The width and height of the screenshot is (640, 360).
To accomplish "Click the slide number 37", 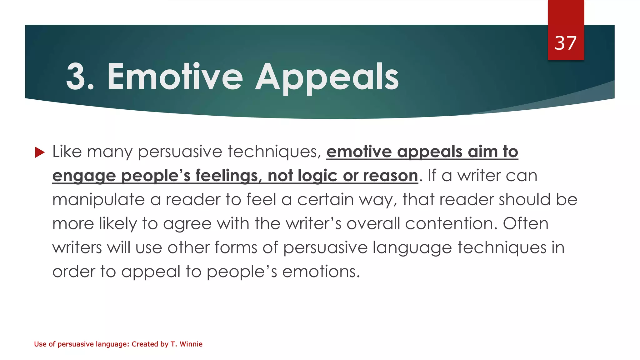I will coord(565,43).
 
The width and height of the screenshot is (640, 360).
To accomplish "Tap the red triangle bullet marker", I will coord(40,152).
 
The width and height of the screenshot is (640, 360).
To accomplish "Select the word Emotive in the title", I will coord(175,77).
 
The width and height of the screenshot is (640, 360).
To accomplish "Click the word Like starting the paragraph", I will coord(67,152).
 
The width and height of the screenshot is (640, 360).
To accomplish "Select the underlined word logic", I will coord(317,176).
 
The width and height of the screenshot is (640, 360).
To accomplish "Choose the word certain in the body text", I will coord(325,199).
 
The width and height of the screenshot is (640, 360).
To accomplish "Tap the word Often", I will coord(526,224).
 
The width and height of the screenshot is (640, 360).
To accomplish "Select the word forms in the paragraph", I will coord(236,248).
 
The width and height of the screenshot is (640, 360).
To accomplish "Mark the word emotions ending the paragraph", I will coord(321,272).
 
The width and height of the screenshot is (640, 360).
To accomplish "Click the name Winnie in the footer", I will coord(191,344).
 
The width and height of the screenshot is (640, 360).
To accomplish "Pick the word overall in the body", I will coord(373,224).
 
